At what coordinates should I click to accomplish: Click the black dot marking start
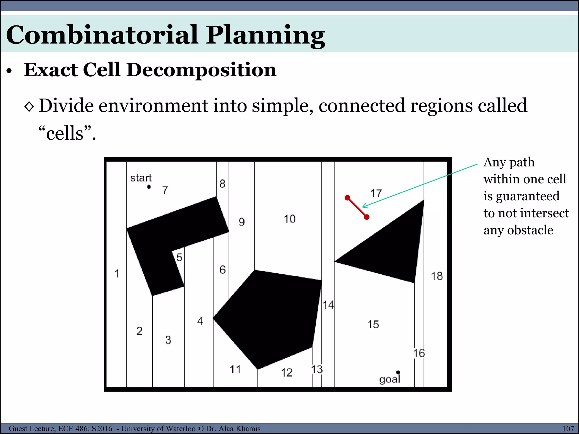tap(149, 187)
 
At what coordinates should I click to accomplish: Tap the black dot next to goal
tap(398, 372)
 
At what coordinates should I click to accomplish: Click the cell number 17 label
tap(376, 194)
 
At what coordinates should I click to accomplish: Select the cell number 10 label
tap(289, 219)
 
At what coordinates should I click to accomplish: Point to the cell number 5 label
tap(179, 257)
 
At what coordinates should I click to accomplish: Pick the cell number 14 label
tap(328, 305)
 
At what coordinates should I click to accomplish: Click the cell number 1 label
tap(117, 274)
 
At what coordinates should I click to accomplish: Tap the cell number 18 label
tap(437, 276)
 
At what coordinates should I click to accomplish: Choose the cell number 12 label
tap(286, 373)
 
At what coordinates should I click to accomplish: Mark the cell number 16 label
tap(419, 353)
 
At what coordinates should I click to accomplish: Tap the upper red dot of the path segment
tap(347, 198)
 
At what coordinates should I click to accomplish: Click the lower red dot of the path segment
tap(367, 217)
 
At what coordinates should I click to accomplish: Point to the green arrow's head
tap(363, 207)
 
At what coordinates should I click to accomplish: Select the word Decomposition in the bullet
tap(201, 70)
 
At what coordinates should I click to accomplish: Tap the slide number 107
tap(568, 429)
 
